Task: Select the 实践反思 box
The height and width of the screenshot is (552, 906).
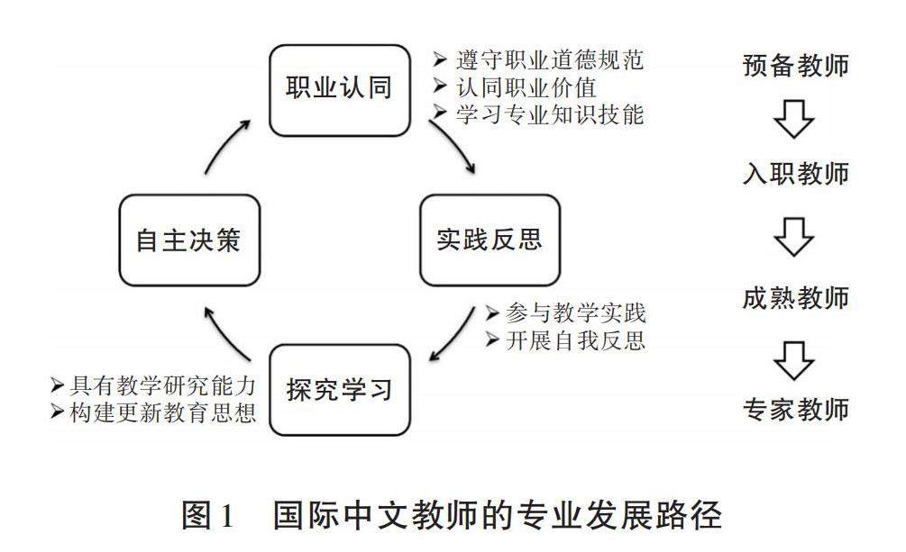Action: pyautogui.click(x=490, y=240)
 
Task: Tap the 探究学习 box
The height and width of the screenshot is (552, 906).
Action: pyautogui.click(x=339, y=390)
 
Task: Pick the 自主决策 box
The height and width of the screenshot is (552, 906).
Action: pyautogui.click(x=189, y=240)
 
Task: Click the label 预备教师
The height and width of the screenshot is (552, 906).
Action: pyautogui.click(x=795, y=66)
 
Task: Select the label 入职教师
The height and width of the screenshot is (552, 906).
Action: pyautogui.click(x=795, y=174)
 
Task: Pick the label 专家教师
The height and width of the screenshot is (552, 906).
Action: pyautogui.click(x=795, y=410)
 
